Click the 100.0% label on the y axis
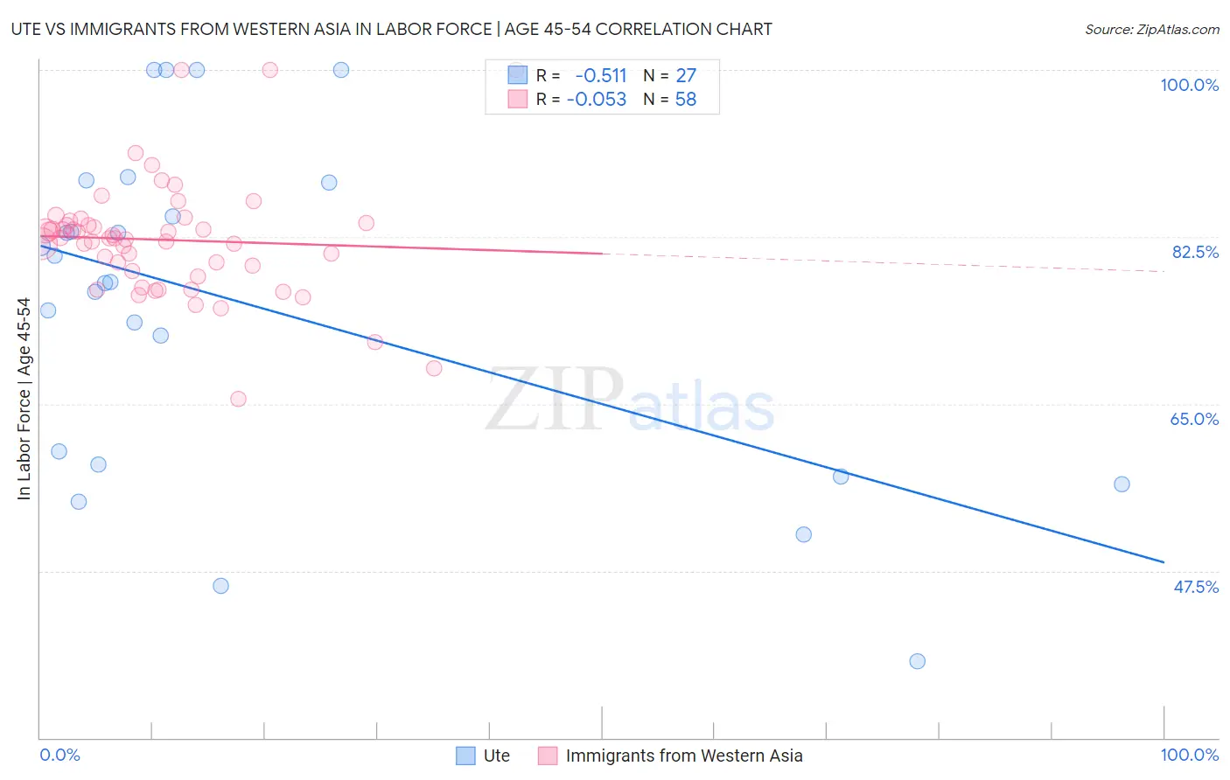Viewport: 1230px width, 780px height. [x=1189, y=85]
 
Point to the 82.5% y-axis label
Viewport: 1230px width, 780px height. [x=1195, y=252]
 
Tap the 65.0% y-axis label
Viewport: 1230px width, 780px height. [x=1194, y=419]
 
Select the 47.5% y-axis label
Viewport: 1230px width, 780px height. [x=1195, y=587]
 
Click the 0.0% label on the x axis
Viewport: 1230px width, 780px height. [x=59, y=755]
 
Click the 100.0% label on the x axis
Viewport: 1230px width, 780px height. [x=1189, y=755]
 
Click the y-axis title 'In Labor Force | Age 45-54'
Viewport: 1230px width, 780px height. [x=24, y=399]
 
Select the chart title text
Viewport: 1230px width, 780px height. [x=391, y=29]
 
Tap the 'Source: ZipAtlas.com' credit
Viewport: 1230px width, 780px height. [x=1151, y=29]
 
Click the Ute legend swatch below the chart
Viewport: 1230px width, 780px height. [x=465, y=756]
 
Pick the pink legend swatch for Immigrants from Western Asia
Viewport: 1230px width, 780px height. [x=548, y=756]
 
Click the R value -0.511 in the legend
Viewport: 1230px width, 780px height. [x=600, y=75]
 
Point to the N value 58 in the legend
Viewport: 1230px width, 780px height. [x=685, y=100]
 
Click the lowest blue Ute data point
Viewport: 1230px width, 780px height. [x=917, y=661]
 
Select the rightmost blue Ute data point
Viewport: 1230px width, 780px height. [x=1122, y=484]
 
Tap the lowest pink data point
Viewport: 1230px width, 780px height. [x=238, y=399]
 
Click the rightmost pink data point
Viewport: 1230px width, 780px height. [x=434, y=368]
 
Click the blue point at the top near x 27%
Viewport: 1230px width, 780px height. [x=341, y=70]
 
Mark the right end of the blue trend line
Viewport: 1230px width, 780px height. [x=1164, y=561]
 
